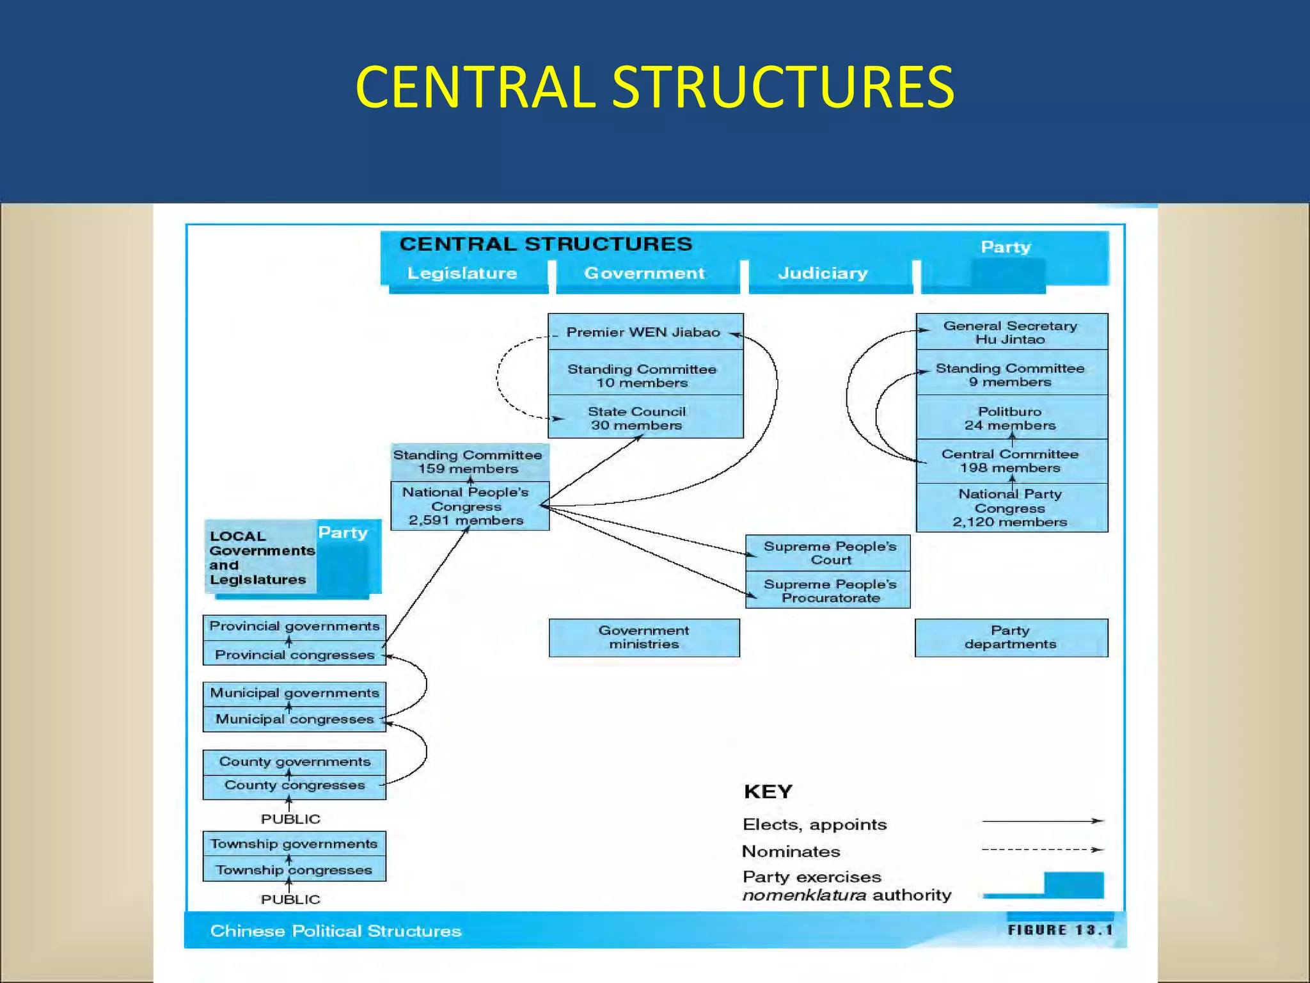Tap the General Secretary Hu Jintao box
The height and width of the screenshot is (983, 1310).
(x=1011, y=332)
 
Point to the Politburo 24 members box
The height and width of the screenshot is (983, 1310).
(x=1011, y=418)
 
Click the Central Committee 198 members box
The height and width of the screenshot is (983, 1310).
(x=1011, y=461)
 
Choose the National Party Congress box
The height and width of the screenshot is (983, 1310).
(x=1011, y=507)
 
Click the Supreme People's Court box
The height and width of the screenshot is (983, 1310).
(x=828, y=553)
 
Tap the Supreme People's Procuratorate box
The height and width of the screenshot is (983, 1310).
(x=828, y=591)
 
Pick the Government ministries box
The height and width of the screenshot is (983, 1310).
(x=644, y=637)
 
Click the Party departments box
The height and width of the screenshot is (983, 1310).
(x=1011, y=637)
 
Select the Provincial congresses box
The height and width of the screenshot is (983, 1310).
(x=294, y=655)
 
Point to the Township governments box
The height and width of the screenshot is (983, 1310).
(x=294, y=843)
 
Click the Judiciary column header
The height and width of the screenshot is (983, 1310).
(x=823, y=273)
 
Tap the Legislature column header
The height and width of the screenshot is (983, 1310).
(x=462, y=273)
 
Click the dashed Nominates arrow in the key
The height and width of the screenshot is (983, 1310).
(x=1042, y=850)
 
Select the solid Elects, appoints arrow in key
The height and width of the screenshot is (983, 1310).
(x=1042, y=820)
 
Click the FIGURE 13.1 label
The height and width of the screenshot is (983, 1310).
(x=1060, y=930)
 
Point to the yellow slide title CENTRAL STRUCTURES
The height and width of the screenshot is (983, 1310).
(x=654, y=87)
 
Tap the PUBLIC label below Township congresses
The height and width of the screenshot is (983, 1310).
(x=290, y=899)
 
